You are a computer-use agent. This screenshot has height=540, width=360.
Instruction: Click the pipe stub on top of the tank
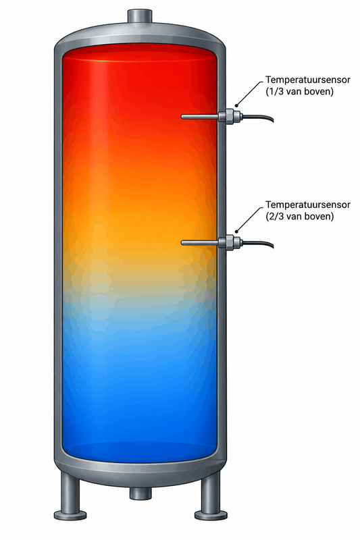(x=140, y=16)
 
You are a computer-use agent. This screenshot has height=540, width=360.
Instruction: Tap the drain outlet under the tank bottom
(x=140, y=493)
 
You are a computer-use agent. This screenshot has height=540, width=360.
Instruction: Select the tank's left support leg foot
(x=70, y=515)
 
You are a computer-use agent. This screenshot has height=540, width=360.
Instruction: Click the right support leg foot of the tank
(x=211, y=515)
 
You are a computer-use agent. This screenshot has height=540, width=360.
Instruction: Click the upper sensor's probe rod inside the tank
(x=200, y=117)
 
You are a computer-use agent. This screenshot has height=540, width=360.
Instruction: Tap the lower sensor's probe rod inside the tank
(x=200, y=243)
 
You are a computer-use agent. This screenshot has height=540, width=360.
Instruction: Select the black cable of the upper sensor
(x=258, y=117)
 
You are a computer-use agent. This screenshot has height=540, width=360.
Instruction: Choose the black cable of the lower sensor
(x=258, y=244)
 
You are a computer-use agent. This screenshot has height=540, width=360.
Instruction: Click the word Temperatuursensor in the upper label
(x=307, y=80)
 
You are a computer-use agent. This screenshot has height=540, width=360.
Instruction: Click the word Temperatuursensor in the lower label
(x=307, y=205)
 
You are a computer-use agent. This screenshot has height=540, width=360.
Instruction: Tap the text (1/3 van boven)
(x=300, y=92)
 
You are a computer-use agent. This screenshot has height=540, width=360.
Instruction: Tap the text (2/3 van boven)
(x=300, y=217)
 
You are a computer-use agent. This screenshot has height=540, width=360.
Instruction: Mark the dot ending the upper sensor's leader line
(x=236, y=105)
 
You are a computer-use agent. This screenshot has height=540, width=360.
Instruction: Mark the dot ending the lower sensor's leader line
(x=236, y=231)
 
